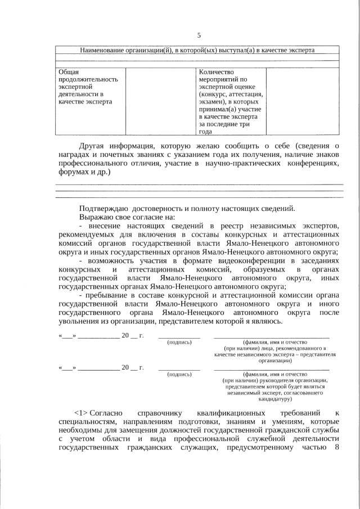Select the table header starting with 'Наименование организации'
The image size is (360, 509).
(x=196, y=50)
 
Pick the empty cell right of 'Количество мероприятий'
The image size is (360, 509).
(x=302, y=101)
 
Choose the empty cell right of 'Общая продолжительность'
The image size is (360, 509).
(x=160, y=101)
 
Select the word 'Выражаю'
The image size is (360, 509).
(x=97, y=217)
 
